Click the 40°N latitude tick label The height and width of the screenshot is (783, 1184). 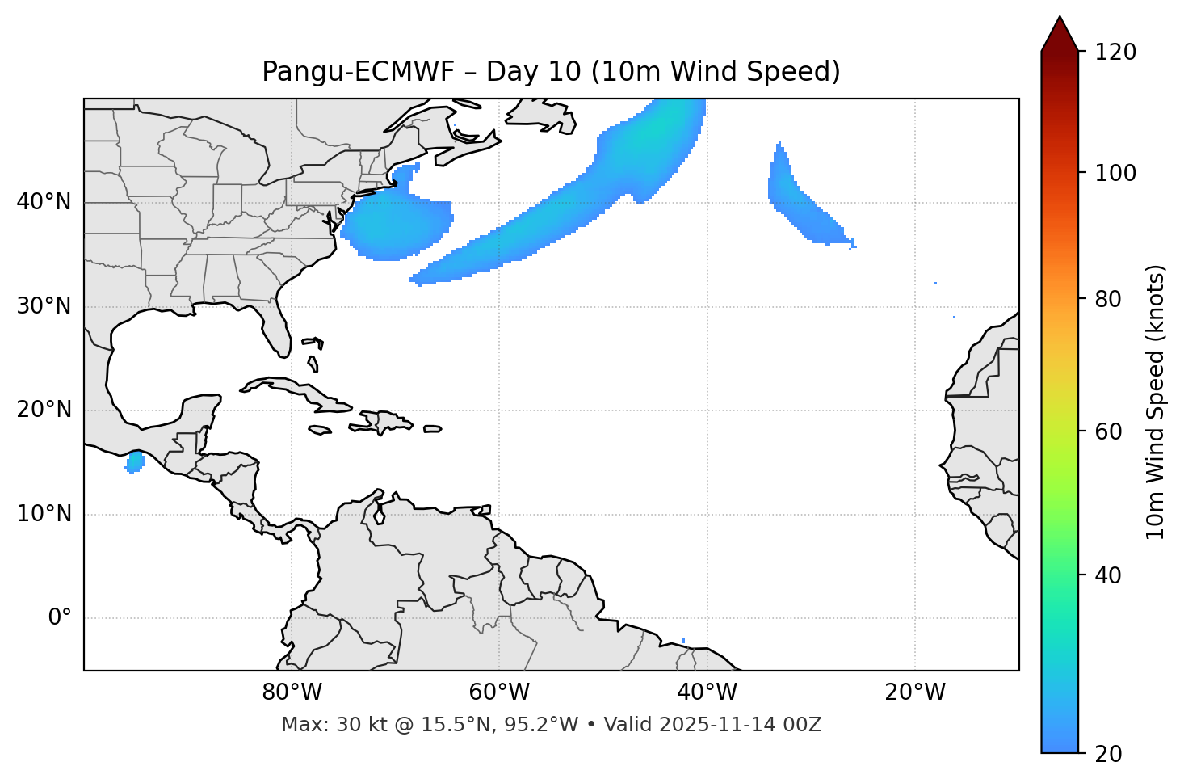[x=44, y=202]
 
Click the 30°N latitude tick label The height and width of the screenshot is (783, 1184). [x=44, y=306]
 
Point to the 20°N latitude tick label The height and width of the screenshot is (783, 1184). [x=44, y=410]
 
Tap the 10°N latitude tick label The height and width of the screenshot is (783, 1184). [x=44, y=514]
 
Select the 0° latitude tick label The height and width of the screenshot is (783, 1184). [x=60, y=618]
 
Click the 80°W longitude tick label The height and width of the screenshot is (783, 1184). [x=292, y=692]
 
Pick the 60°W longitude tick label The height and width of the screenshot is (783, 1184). [x=499, y=692]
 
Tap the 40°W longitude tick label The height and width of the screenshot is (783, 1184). [x=707, y=692]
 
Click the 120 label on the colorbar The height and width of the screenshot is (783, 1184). [x=1115, y=53]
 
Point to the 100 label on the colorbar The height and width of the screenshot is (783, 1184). [x=1115, y=173]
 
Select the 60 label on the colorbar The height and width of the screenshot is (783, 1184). [x=1111, y=431]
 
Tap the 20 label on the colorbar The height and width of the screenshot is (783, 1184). [x=1111, y=754]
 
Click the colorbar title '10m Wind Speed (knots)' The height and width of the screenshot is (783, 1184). [x=1156, y=402]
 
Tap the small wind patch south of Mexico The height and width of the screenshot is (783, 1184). [x=135, y=462]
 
